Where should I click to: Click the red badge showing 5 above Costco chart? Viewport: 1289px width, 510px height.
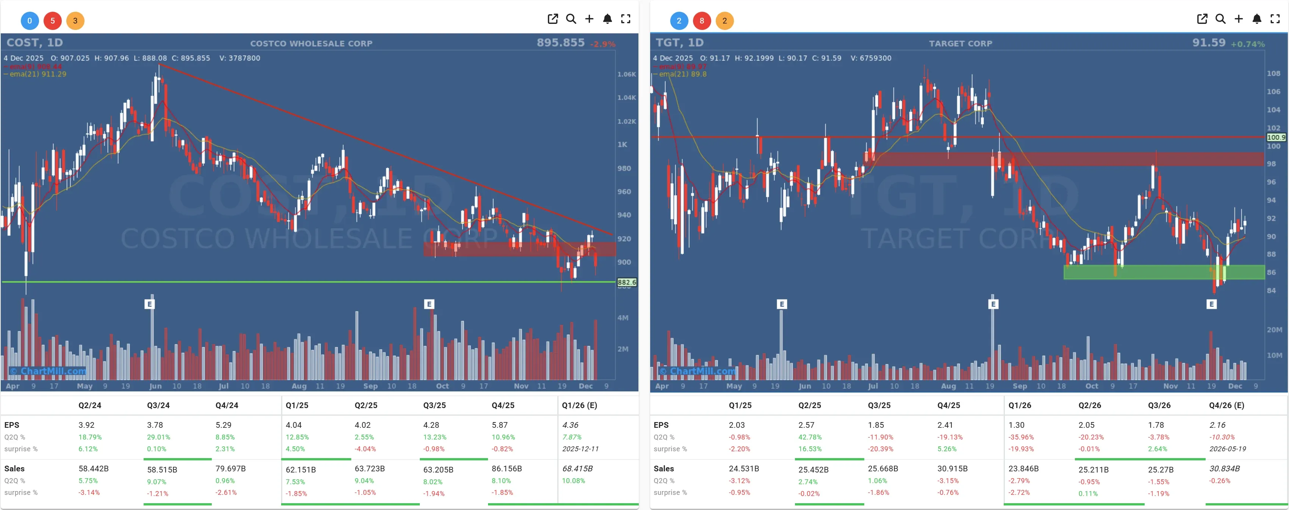click(53, 20)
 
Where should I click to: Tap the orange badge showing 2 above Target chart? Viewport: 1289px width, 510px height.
click(724, 20)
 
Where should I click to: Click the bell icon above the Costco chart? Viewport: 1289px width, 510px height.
click(607, 19)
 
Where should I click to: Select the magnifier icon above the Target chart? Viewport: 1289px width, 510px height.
click(1220, 19)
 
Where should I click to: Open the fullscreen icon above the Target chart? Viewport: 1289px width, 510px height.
click(1275, 19)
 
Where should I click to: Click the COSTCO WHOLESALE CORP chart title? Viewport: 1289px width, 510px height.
click(311, 44)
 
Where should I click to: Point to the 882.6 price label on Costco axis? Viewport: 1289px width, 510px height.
click(626, 282)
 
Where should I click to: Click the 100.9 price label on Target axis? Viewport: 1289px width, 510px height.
click(1275, 137)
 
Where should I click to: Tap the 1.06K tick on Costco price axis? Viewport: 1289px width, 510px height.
click(626, 74)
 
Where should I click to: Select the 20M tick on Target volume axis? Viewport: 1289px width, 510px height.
click(1274, 330)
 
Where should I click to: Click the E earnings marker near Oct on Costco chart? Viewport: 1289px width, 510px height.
click(429, 304)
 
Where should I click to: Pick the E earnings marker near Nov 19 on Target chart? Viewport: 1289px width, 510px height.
click(1211, 304)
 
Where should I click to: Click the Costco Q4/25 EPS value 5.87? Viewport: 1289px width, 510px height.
click(499, 425)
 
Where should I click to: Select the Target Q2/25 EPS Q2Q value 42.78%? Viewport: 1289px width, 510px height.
click(810, 437)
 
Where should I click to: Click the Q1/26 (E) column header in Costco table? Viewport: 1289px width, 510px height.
click(579, 405)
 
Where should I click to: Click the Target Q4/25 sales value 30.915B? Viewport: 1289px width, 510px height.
click(952, 468)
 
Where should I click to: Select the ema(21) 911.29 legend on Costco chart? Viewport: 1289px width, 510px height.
click(38, 74)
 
